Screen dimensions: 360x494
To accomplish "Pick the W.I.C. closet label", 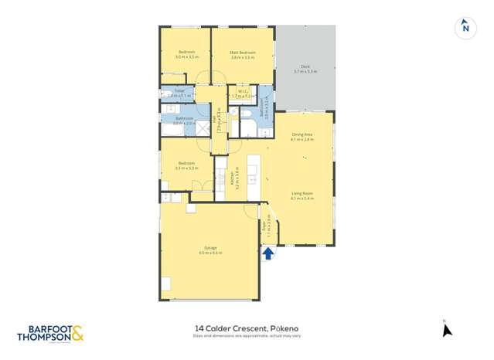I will tap(243, 91).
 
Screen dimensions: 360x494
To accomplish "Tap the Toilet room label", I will tap(179, 90).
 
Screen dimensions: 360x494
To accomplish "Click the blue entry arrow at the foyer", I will tap(267, 253).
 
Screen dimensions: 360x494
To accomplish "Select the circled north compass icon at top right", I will tap(465, 28).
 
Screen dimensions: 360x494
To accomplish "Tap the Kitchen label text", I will tap(232, 179).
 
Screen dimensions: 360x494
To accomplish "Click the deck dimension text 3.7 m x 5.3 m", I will tap(306, 73).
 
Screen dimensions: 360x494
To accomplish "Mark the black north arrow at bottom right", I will tap(446, 330).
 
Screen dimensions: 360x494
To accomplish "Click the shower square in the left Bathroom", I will tap(200, 129).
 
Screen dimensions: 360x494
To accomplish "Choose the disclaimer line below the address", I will tap(247, 336).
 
